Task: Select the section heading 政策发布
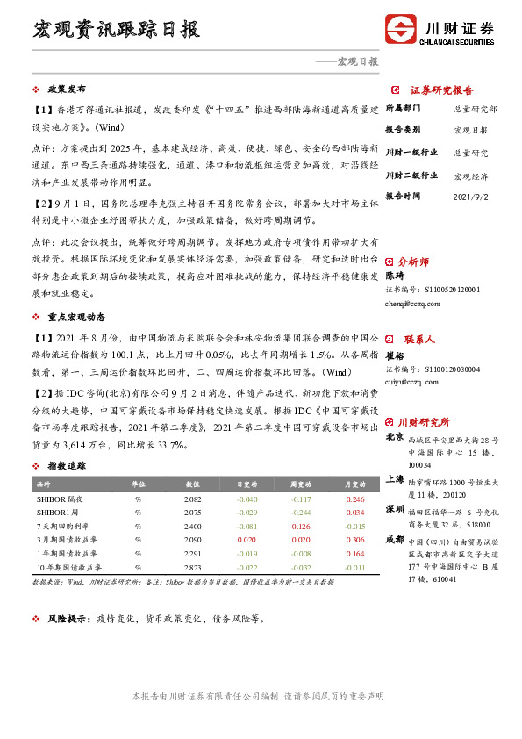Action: [66, 90]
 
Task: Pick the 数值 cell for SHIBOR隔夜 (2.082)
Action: [193, 499]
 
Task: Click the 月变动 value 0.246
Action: [354, 499]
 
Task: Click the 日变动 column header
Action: [247, 484]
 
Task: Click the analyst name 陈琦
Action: [395, 276]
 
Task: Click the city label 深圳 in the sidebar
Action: [394, 509]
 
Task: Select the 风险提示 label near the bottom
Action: [68, 618]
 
